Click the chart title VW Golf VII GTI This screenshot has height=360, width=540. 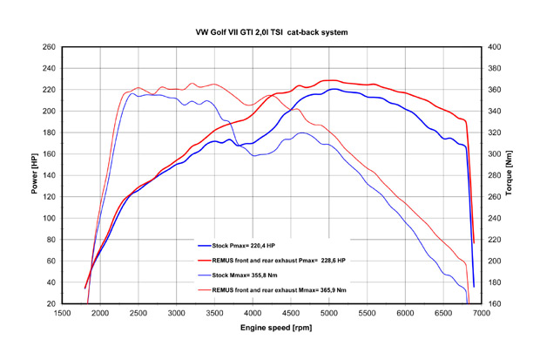tap(272, 32)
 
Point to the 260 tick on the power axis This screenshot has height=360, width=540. tap(49, 47)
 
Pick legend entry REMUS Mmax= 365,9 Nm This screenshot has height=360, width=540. tap(280, 289)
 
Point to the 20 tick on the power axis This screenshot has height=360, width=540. tap(51, 303)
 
